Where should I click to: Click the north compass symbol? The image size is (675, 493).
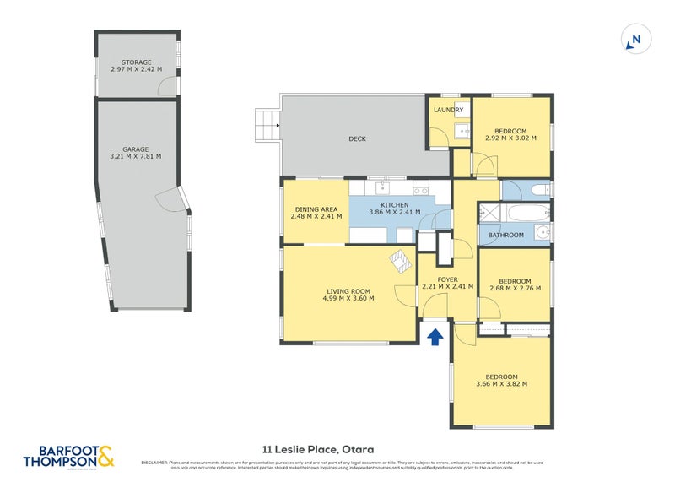tap(635, 39)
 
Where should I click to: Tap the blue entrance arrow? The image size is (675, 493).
tap(435, 338)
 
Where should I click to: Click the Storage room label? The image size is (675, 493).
tap(136, 62)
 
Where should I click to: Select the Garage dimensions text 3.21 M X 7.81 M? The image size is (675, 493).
tap(136, 156)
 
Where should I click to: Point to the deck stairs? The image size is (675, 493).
tap(267, 125)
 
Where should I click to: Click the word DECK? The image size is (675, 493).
tap(357, 139)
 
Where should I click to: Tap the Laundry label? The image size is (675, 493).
tap(448, 111)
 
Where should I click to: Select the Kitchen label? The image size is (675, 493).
tap(394, 205)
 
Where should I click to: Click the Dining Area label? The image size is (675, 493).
tap(316, 209)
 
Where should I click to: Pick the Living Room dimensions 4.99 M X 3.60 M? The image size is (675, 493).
tap(348, 299)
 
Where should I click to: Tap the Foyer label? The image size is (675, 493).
tap(447, 279)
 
